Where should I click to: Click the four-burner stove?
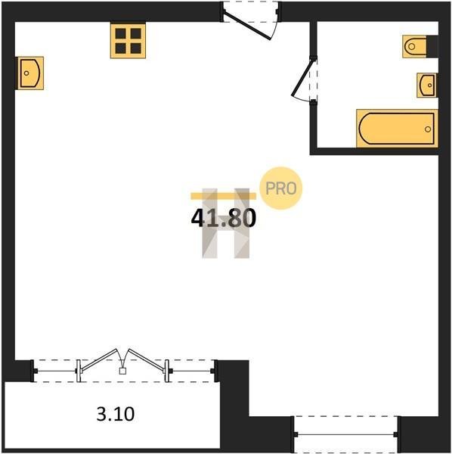tap(128, 41)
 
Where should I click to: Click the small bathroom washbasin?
tap(427, 85)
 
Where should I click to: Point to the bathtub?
tap(397, 129)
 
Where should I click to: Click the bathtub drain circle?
tap(428, 129)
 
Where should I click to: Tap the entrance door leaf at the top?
tap(247, 26)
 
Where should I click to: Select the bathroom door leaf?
tap(302, 77)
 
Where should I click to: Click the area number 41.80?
tap(224, 219)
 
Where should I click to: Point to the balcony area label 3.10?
tap(116, 414)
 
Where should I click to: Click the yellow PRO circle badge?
tap(281, 188)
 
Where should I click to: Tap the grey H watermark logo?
tap(225, 223)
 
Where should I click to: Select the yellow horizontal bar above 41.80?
tap(223, 196)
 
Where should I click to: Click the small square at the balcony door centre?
tap(122, 371)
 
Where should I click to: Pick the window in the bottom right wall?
tap(346, 434)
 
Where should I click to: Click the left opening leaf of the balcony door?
tap(99, 360)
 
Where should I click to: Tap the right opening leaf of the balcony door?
tap(147, 360)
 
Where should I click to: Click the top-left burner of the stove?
tap(120, 33)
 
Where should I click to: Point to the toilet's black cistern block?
tap(432, 46)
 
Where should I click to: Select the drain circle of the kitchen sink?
tap(26, 73)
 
